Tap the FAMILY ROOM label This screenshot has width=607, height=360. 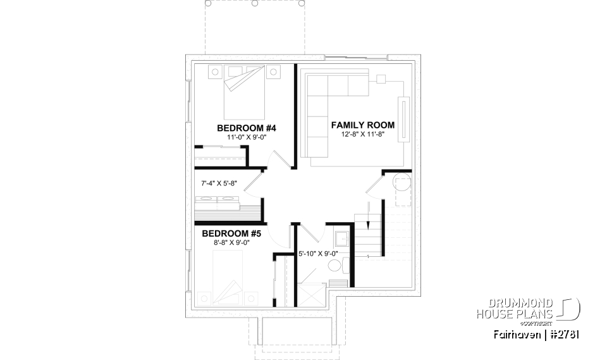pyautogui.click(x=363, y=125)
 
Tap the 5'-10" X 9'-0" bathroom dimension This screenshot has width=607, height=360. pyautogui.click(x=318, y=254)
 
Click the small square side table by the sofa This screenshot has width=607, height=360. pyautogui.click(x=381, y=79)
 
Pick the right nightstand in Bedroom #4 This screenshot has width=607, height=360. pyautogui.click(x=274, y=74)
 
